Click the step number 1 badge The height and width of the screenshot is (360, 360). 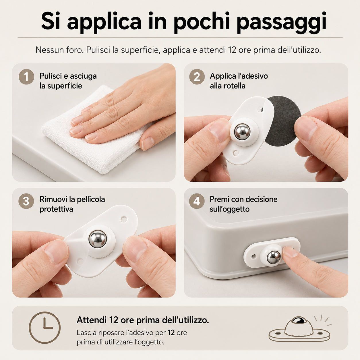pos(26,77)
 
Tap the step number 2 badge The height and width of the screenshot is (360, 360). pos(197,77)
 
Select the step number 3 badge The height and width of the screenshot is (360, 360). pos(26,201)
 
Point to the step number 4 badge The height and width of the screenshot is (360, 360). pos(197,201)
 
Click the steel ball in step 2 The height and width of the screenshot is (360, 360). pos(242,132)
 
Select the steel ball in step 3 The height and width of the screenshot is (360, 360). pos(98,239)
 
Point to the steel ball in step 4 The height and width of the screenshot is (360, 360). pos(274,257)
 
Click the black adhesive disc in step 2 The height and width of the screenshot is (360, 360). pos(283,121)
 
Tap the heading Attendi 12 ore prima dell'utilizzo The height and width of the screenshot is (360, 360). pos(143,320)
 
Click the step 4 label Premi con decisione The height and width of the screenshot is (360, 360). pos(243,199)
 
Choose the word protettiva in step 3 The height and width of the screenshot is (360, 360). pos(56,209)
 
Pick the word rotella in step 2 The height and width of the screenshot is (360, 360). pos(236,86)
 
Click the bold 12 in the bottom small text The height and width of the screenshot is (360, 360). pos(171,333)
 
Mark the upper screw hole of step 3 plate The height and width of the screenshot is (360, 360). pos(124,219)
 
